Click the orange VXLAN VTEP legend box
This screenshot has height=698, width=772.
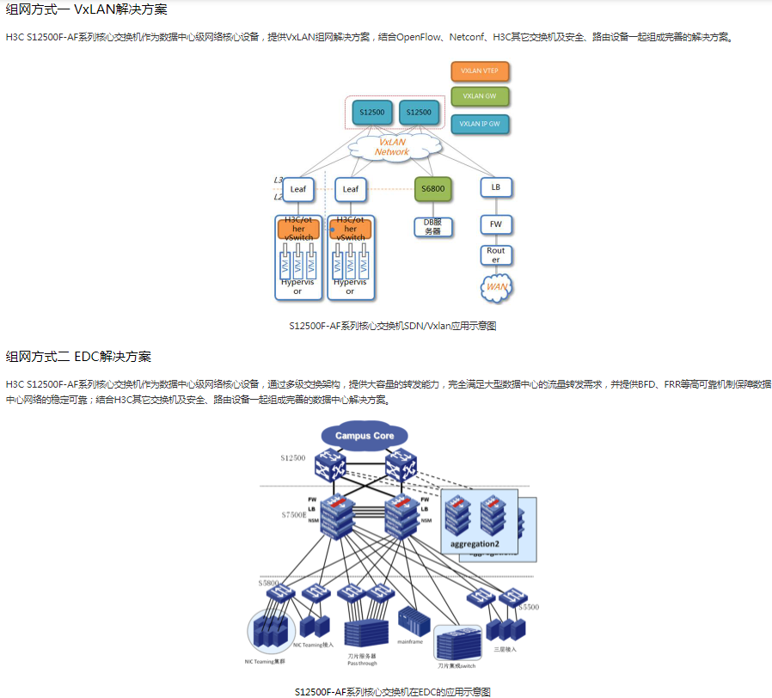[x=480, y=71]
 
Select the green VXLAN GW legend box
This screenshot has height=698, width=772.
[x=480, y=96]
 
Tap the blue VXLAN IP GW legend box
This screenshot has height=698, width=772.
[x=480, y=124]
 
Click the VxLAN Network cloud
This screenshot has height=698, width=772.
[x=392, y=147]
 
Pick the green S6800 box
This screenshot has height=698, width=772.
[x=432, y=189]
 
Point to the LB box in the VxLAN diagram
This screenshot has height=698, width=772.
[x=496, y=187]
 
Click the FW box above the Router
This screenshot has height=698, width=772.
[x=496, y=224]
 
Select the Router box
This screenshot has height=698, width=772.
[x=496, y=255]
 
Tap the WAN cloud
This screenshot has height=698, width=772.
[x=497, y=286]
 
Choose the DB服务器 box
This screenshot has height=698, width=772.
[x=432, y=227]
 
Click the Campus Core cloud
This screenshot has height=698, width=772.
[x=365, y=436]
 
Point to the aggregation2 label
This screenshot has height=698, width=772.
[x=475, y=544]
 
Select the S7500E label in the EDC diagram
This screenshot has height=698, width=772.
[x=293, y=514]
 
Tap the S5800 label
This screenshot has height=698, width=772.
[x=268, y=583]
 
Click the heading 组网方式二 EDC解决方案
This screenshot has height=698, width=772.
[x=78, y=356]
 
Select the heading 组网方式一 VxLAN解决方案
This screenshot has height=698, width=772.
[x=87, y=10]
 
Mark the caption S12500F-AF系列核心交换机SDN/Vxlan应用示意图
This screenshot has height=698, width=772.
[x=393, y=326]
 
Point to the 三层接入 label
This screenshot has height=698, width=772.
[x=505, y=650]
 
